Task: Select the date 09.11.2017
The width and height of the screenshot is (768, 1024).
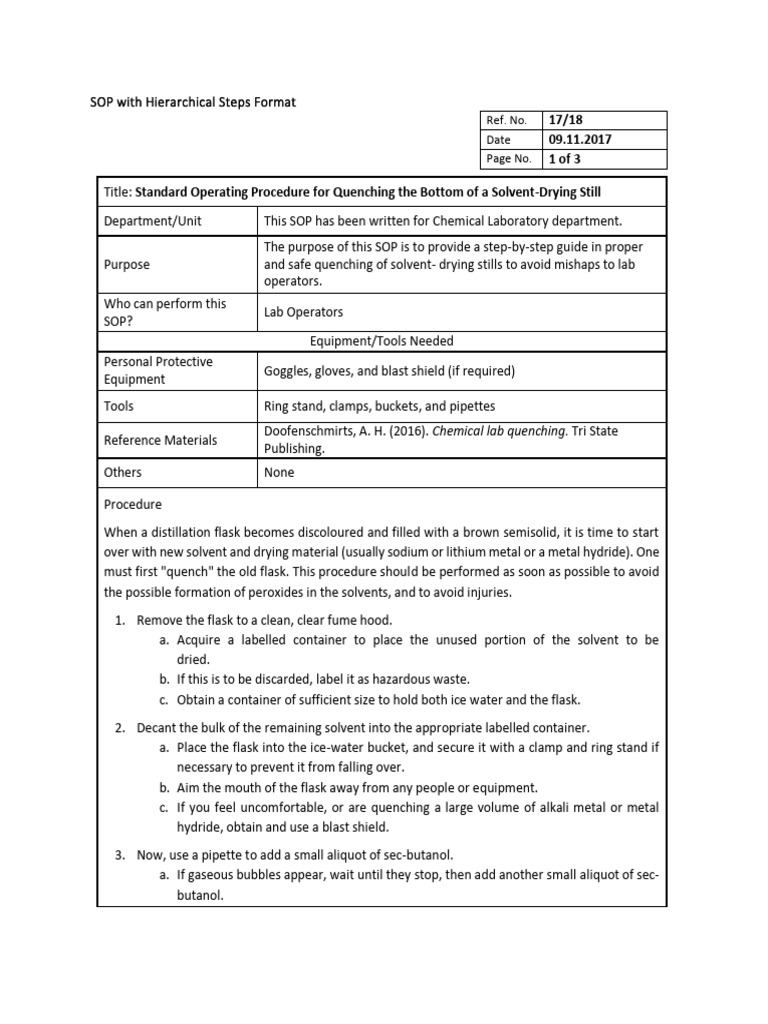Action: [579, 140]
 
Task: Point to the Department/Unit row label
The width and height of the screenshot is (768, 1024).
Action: [151, 220]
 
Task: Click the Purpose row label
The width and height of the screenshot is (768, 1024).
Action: [127, 265]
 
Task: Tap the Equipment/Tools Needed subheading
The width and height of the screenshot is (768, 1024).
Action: [382, 341]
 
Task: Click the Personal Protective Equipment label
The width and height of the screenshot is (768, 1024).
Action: [158, 370]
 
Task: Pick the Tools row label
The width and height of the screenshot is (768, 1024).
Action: [119, 406]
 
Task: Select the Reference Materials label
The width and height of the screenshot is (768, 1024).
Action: [160, 440]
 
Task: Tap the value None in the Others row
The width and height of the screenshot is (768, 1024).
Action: [279, 472]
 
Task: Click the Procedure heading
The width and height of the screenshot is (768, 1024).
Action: [133, 505]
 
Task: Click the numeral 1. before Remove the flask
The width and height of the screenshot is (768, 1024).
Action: [119, 620]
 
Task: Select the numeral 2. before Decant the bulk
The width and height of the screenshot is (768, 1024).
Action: [119, 726]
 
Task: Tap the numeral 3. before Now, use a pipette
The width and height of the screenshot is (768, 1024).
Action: [119, 854]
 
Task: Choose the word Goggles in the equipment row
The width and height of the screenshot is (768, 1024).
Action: [288, 371]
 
